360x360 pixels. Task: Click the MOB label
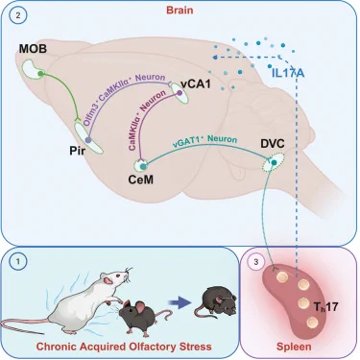click(x=33, y=49)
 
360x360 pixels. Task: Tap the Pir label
click(x=78, y=151)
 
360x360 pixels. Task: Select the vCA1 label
click(x=196, y=84)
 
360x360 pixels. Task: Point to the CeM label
click(x=140, y=180)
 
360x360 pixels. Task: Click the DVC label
click(x=273, y=144)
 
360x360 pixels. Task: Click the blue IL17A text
click(x=288, y=73)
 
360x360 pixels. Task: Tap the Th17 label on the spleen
click(x=325, y=307)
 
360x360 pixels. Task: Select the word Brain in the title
click(x=180, y=10)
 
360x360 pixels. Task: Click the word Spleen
click(x=294, y=347)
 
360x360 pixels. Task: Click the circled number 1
click(x=18, y=262)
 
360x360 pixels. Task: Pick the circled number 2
click(x=18, y=15)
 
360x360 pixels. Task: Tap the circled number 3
click(x=256, y=262)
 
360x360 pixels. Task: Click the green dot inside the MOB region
click(x=40, y=74)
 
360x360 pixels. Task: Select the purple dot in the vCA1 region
click(x=180, y=93)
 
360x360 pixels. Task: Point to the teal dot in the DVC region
click(x=274, y=162)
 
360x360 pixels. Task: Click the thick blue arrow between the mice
click(x=179, y=302)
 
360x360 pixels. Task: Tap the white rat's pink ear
click(x=109, y=280)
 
